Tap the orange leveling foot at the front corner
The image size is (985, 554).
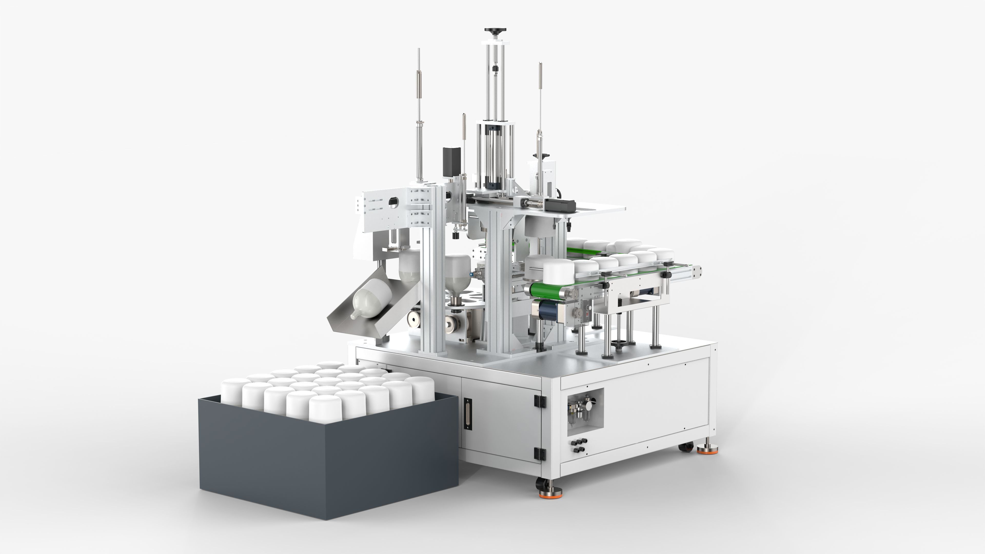[550, 494]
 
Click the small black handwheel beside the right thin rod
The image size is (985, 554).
[545, 156]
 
